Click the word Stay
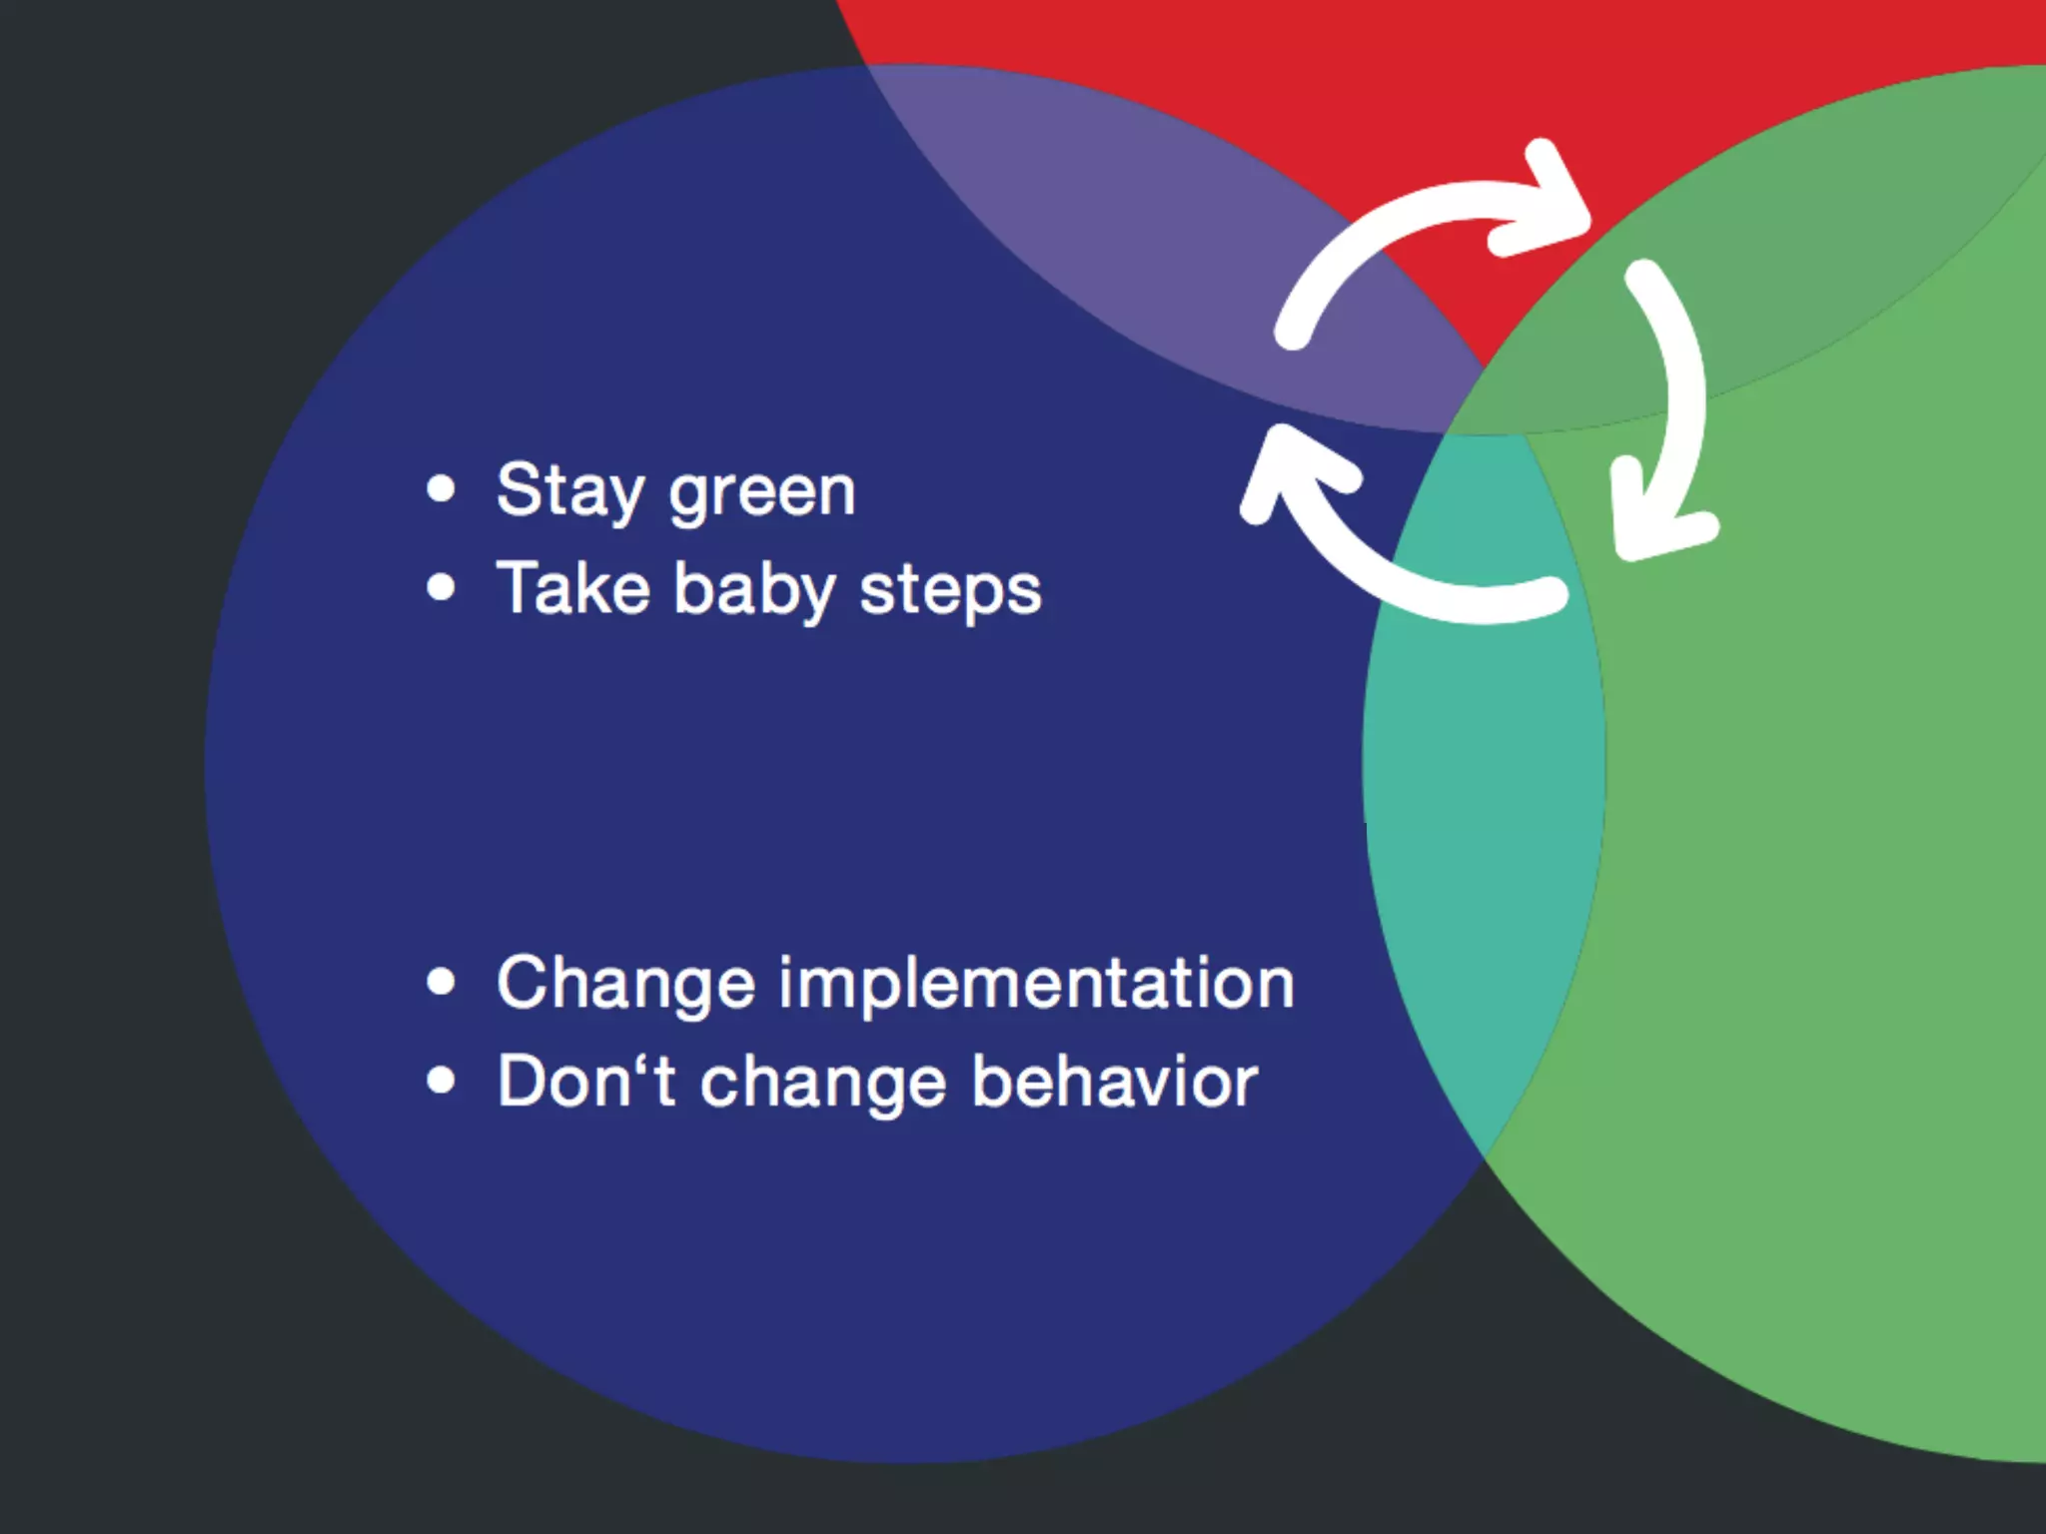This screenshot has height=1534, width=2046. click(570, 490)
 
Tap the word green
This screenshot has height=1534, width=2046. click(762, 492)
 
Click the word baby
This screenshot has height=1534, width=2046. click(754, 589)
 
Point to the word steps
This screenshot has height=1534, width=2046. click(950, 590)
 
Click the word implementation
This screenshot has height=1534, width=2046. click(1036, 984)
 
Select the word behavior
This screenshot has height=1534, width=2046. click(1114, 1082)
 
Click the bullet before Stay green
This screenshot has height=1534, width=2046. click(441, 489)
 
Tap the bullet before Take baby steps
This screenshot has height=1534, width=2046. click(441, 587)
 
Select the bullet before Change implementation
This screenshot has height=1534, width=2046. click(441, 982)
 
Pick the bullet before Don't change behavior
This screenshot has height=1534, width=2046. click(441, 1081)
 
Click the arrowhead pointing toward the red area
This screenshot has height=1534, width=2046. click(1543, 205)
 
